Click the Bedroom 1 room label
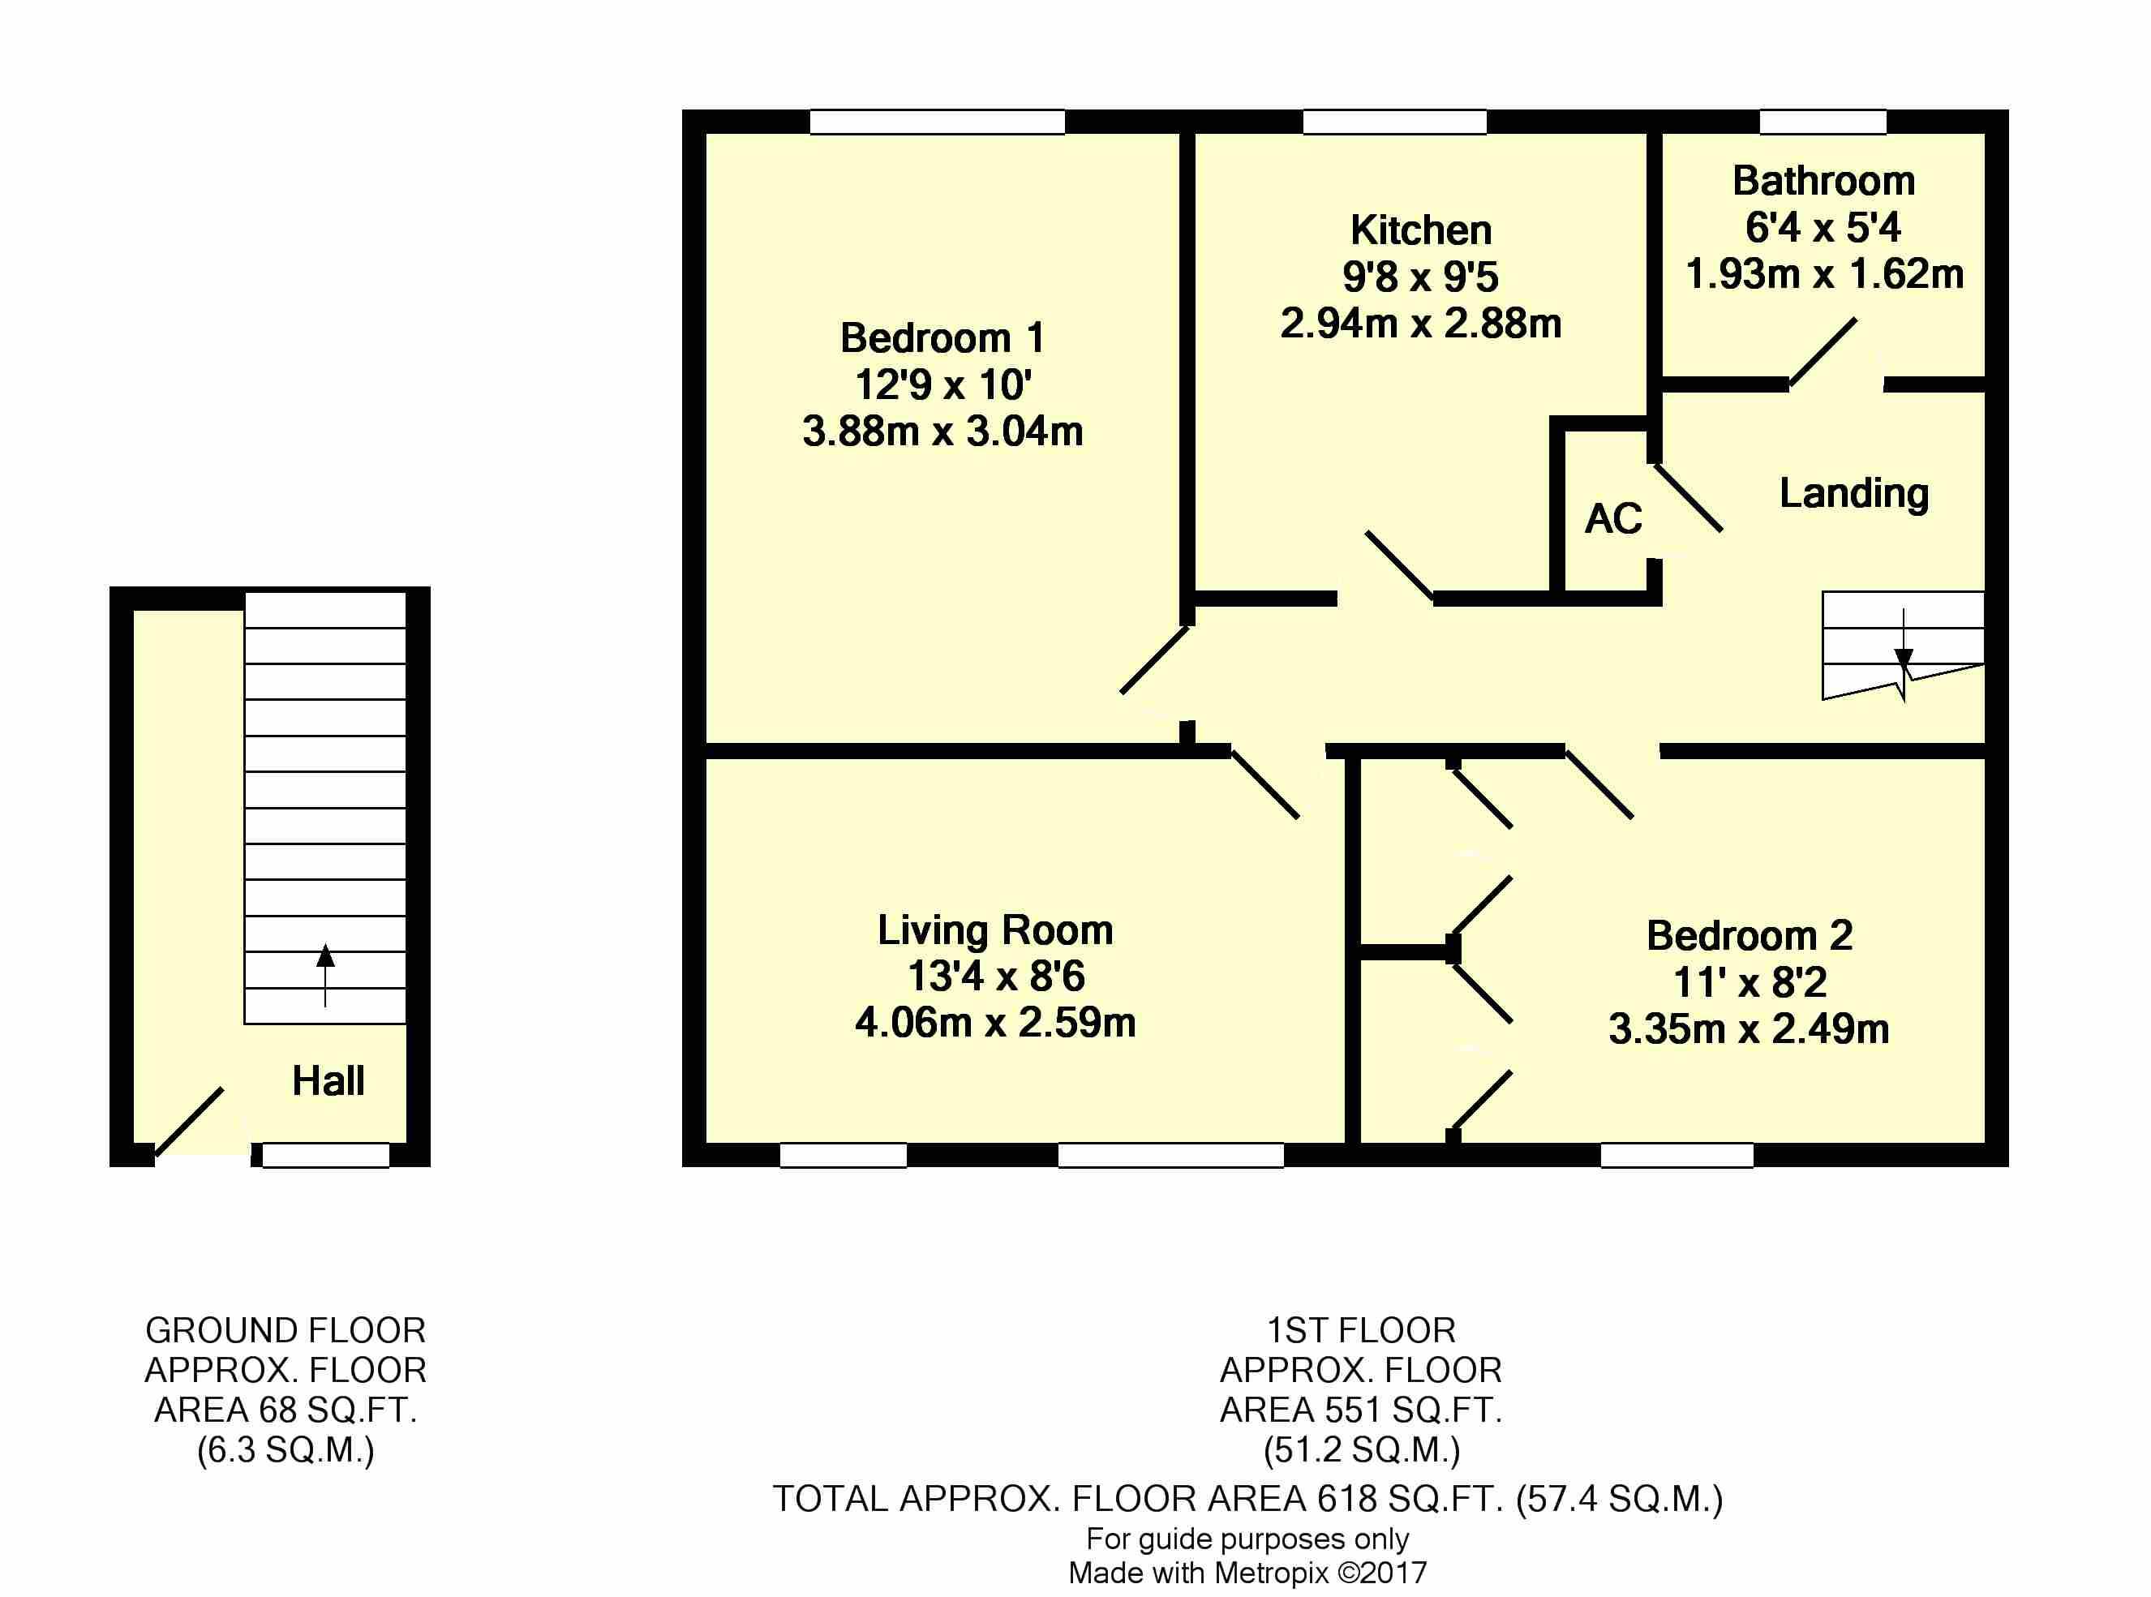coord(942,338)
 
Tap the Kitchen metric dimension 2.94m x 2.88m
coord(1420,324)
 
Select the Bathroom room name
coord(1823,181)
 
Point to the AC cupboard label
coord(1613,519)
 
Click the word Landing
coord(1853,494)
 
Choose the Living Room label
coord(994,931)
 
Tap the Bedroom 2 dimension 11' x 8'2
coord(1750,983)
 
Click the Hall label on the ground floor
coord(328,1081)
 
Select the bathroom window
coord(1823,122)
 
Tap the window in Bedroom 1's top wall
coord(937,122)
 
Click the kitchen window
coord(1394,122)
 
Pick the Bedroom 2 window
coord(1677,1155)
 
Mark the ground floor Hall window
coord(326,1155)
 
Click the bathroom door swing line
coord(1823,352)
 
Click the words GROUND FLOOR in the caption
coord(286,1331)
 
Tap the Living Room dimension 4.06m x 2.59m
coord(994,1023)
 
